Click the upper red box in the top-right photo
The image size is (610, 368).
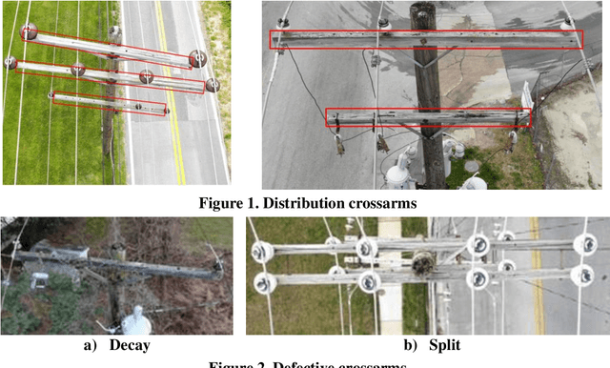(426, 39)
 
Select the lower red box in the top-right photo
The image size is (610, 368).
(428, 117)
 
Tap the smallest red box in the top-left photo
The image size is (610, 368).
(110, 103)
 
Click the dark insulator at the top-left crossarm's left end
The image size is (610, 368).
(30, 32)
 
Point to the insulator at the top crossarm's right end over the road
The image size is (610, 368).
(197, 58)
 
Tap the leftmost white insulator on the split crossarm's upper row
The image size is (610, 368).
(260, 252)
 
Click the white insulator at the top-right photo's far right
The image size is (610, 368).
(527, 92)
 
